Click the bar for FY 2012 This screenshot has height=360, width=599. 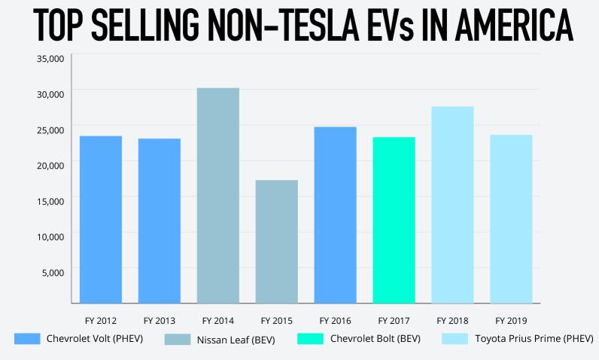coord(100,219)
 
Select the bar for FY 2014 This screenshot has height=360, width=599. coord(217,196)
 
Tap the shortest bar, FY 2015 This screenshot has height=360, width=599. coord(276,242)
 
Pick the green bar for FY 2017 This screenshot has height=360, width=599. coord(394,220)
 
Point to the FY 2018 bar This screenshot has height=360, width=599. coord(452,205)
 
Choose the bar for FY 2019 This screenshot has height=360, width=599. coord(511,218)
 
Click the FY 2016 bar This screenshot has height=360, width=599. coord(335,215)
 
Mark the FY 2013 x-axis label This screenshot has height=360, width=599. coord(159,320)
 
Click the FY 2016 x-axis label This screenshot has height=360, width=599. coord(335,320)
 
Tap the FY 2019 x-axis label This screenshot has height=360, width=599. coord(511,320)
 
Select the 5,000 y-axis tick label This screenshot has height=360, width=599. coord(53,271)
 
